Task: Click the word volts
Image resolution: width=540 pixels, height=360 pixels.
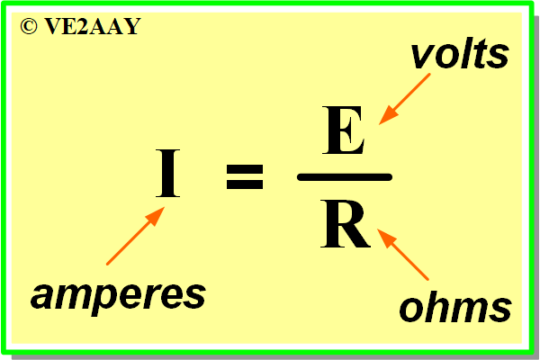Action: pos(460,54)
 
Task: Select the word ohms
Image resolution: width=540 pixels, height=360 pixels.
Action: pos(455,307)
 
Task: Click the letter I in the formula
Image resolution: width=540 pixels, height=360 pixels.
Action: pos(167,174)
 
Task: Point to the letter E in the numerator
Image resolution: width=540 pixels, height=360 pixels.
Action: pos(343,130)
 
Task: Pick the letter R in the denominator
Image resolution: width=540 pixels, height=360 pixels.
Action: pos(346,223)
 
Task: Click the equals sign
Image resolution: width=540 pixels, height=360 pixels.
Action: pos(245,176)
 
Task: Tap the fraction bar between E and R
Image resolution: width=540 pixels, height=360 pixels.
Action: pos(345,177)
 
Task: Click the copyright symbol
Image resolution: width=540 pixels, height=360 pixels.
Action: pos(29,26)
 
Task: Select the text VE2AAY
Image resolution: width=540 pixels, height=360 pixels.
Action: pos(93,26)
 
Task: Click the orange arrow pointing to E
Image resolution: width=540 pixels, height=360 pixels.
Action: pos(404,99)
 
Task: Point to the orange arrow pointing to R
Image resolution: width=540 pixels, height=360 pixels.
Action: pos(403,254)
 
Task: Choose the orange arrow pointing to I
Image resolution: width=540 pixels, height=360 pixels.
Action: pos(136,236)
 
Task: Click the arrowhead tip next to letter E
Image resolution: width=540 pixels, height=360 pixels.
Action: pos(379,124)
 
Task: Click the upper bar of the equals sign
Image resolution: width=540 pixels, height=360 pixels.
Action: pos(245,168)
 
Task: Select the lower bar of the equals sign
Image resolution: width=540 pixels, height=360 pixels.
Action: pos(245,184)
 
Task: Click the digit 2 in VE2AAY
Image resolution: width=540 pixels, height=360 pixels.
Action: pos(82,26)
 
